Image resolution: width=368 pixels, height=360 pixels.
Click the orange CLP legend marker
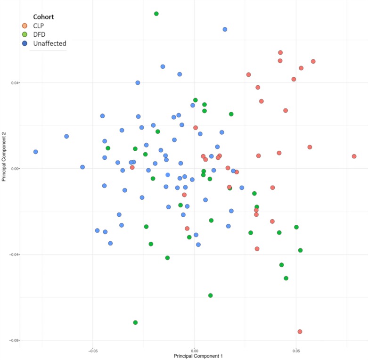(x=25, y=25)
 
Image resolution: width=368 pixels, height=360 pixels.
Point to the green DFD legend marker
(x=25, y=34)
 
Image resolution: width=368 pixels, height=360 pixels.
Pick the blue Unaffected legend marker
(x=25, y=43)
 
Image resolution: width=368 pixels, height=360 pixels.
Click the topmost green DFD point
(x=156, y=14)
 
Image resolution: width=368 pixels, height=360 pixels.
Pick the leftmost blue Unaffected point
(x=35, y=152)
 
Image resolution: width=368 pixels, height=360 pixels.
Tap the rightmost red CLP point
(x=354, y=156)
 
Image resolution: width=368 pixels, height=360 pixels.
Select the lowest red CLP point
(x=300, y=332)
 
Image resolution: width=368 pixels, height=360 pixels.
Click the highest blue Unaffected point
(x=225, y=29)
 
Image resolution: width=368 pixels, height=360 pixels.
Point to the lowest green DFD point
(x=135, y=323)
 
